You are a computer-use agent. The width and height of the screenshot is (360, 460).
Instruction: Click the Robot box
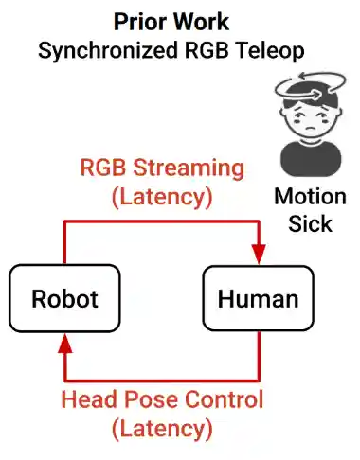(64, 298)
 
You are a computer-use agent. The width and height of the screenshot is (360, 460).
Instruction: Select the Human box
(258, 298)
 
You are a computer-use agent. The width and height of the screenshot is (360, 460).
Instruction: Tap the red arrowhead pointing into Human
(259, 254)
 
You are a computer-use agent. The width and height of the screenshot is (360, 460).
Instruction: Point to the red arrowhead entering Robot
(65, 344)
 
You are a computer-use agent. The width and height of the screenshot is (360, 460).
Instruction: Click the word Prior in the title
(140, 22)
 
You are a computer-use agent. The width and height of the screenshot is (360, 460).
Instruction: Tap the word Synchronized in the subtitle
(108, 51)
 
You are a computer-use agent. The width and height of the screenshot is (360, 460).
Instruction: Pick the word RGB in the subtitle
(207, 50)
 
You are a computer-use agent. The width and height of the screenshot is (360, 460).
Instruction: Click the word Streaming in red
(189, 168)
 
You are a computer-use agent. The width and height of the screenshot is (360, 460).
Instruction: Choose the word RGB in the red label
(102, 168)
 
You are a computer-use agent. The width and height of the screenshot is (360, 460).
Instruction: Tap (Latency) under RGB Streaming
(162, 197)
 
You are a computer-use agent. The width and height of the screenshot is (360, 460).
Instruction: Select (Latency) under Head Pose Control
(162, 429)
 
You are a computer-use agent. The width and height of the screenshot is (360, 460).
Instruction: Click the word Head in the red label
(90, 399)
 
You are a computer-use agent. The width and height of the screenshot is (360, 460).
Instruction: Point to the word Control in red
(224, 399)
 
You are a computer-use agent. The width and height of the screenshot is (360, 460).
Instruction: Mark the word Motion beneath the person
(310, 197)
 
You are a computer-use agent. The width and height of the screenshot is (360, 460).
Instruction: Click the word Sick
(310, 224)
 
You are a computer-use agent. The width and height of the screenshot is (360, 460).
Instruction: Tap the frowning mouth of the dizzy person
(312, 129)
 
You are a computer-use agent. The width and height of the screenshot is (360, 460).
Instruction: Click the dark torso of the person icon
(311, 159)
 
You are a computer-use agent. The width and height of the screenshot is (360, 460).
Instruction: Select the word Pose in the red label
(152, 399)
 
